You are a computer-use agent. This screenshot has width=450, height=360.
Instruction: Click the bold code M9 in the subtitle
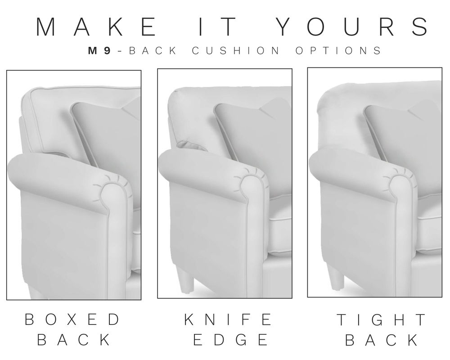[99, 51]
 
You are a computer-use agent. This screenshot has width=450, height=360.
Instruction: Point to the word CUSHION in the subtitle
[235, 51]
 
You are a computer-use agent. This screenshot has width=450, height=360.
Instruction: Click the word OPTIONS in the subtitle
[338, 51]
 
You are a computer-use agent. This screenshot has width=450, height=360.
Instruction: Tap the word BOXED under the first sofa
[72, 319]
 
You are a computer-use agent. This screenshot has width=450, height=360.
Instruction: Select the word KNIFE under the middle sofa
[228, 319]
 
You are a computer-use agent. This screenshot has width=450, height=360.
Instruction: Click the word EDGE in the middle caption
[230, 340]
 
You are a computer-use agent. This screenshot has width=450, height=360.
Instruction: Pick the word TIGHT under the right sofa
[382, 319]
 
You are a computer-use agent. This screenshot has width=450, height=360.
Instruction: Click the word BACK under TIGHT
[382, 340]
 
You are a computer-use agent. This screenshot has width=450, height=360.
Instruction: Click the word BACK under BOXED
[73, 340]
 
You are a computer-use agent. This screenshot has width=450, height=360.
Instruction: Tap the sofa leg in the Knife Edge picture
[185, 279]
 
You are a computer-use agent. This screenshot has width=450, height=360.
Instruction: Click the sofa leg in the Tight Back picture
[335, 275]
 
